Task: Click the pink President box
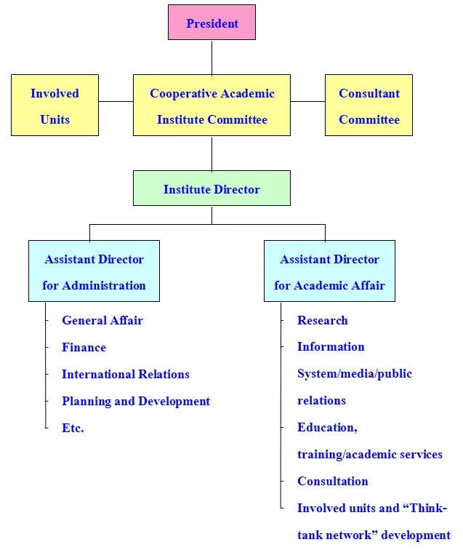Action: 212,23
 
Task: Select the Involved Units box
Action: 55,105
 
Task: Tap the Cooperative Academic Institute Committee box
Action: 212,105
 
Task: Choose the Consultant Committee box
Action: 369,105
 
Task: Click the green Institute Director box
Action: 212,189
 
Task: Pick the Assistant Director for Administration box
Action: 94,271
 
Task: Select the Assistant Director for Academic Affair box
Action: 329,271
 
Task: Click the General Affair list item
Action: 102,320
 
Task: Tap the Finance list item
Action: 84,347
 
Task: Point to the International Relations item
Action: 125,374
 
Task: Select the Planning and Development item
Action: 136,401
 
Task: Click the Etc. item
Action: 73,428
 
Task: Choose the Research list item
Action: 322,320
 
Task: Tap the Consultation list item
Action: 332,481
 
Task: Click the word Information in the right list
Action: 331,346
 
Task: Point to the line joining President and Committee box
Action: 212,57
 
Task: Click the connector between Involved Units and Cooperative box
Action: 116,101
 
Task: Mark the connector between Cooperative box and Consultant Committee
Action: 307,101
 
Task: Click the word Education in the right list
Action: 326,427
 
